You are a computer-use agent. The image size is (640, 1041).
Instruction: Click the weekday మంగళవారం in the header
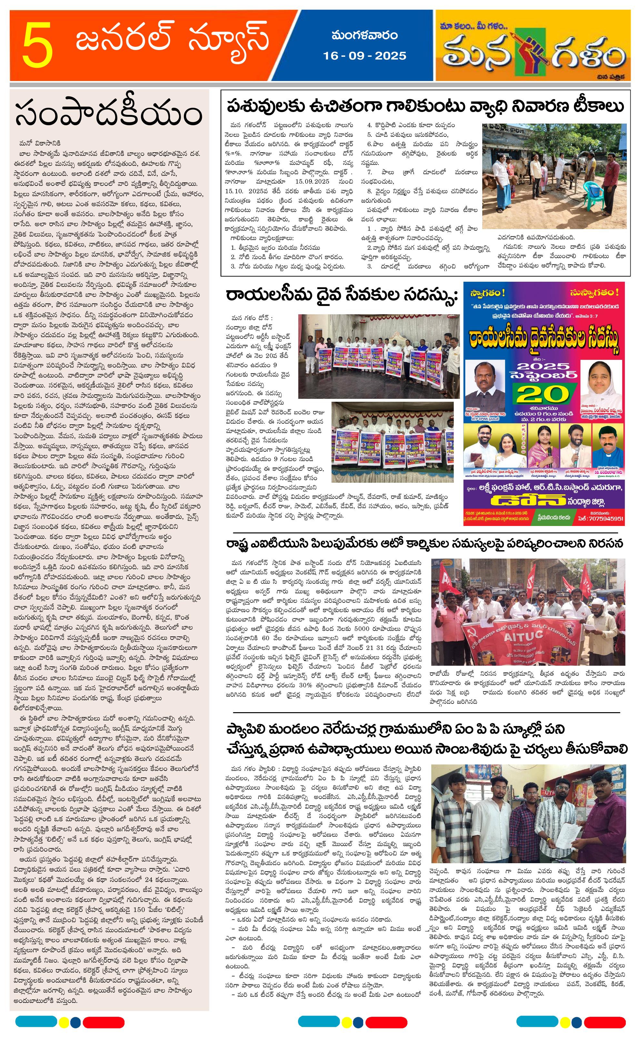(365, 35)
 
